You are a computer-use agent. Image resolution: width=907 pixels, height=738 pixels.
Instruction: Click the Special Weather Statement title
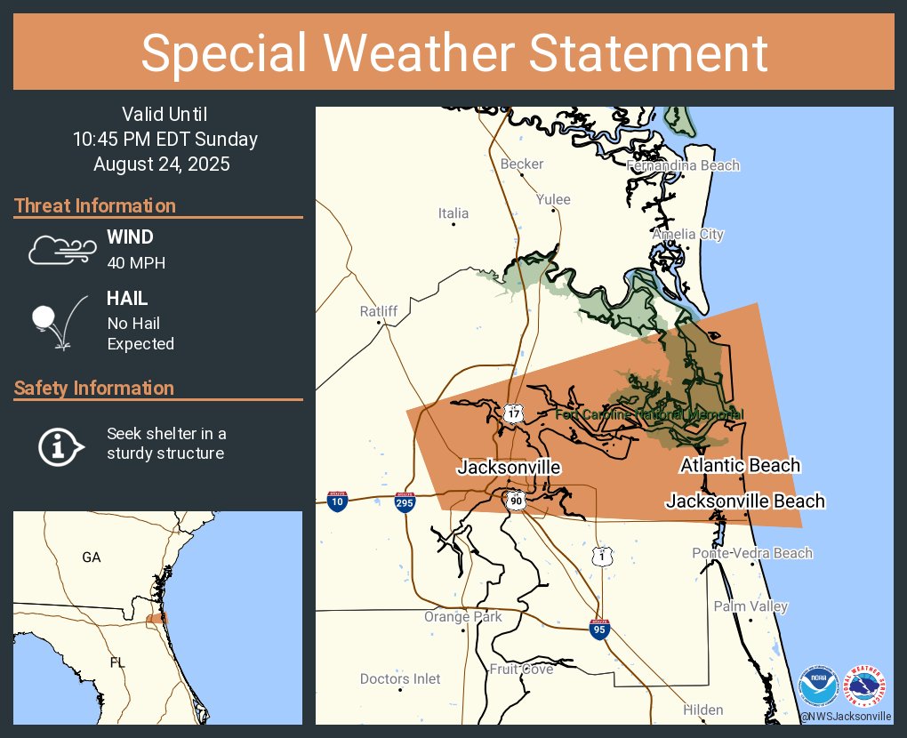click(453, 53)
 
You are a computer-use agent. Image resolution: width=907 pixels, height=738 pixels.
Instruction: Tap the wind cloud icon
click(61, 250)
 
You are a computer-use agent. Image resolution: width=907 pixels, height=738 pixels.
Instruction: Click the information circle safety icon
click(60, 445)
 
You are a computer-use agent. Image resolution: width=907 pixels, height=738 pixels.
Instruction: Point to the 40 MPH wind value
click(136, 262)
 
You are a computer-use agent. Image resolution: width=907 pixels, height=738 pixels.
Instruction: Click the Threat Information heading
click(95, 206)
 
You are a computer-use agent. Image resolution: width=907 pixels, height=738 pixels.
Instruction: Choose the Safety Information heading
click(94, 389)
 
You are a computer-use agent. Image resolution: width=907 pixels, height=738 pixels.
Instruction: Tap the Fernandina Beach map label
click(683, 165)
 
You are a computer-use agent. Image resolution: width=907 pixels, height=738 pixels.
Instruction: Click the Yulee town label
click(553, 199)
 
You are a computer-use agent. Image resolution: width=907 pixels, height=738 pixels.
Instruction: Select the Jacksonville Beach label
click(745, 501)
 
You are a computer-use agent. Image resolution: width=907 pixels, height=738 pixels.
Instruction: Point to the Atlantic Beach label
click(740, 465)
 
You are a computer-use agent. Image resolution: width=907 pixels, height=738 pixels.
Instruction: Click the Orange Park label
click(462, 617)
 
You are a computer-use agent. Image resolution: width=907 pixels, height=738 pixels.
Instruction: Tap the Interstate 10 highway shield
click(337, 501)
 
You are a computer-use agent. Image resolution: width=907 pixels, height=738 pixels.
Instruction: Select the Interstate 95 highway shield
click(599, 630)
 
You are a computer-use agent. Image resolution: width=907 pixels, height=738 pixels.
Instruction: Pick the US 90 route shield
click(517, 501)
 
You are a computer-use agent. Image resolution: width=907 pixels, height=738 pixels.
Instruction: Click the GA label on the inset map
click(92, 558)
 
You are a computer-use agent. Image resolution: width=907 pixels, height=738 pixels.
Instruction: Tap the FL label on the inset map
click(117, 663)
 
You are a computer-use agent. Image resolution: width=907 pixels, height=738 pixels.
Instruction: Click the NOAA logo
click(818, 686)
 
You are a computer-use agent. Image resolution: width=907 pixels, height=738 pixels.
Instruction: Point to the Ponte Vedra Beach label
click(752, 553)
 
